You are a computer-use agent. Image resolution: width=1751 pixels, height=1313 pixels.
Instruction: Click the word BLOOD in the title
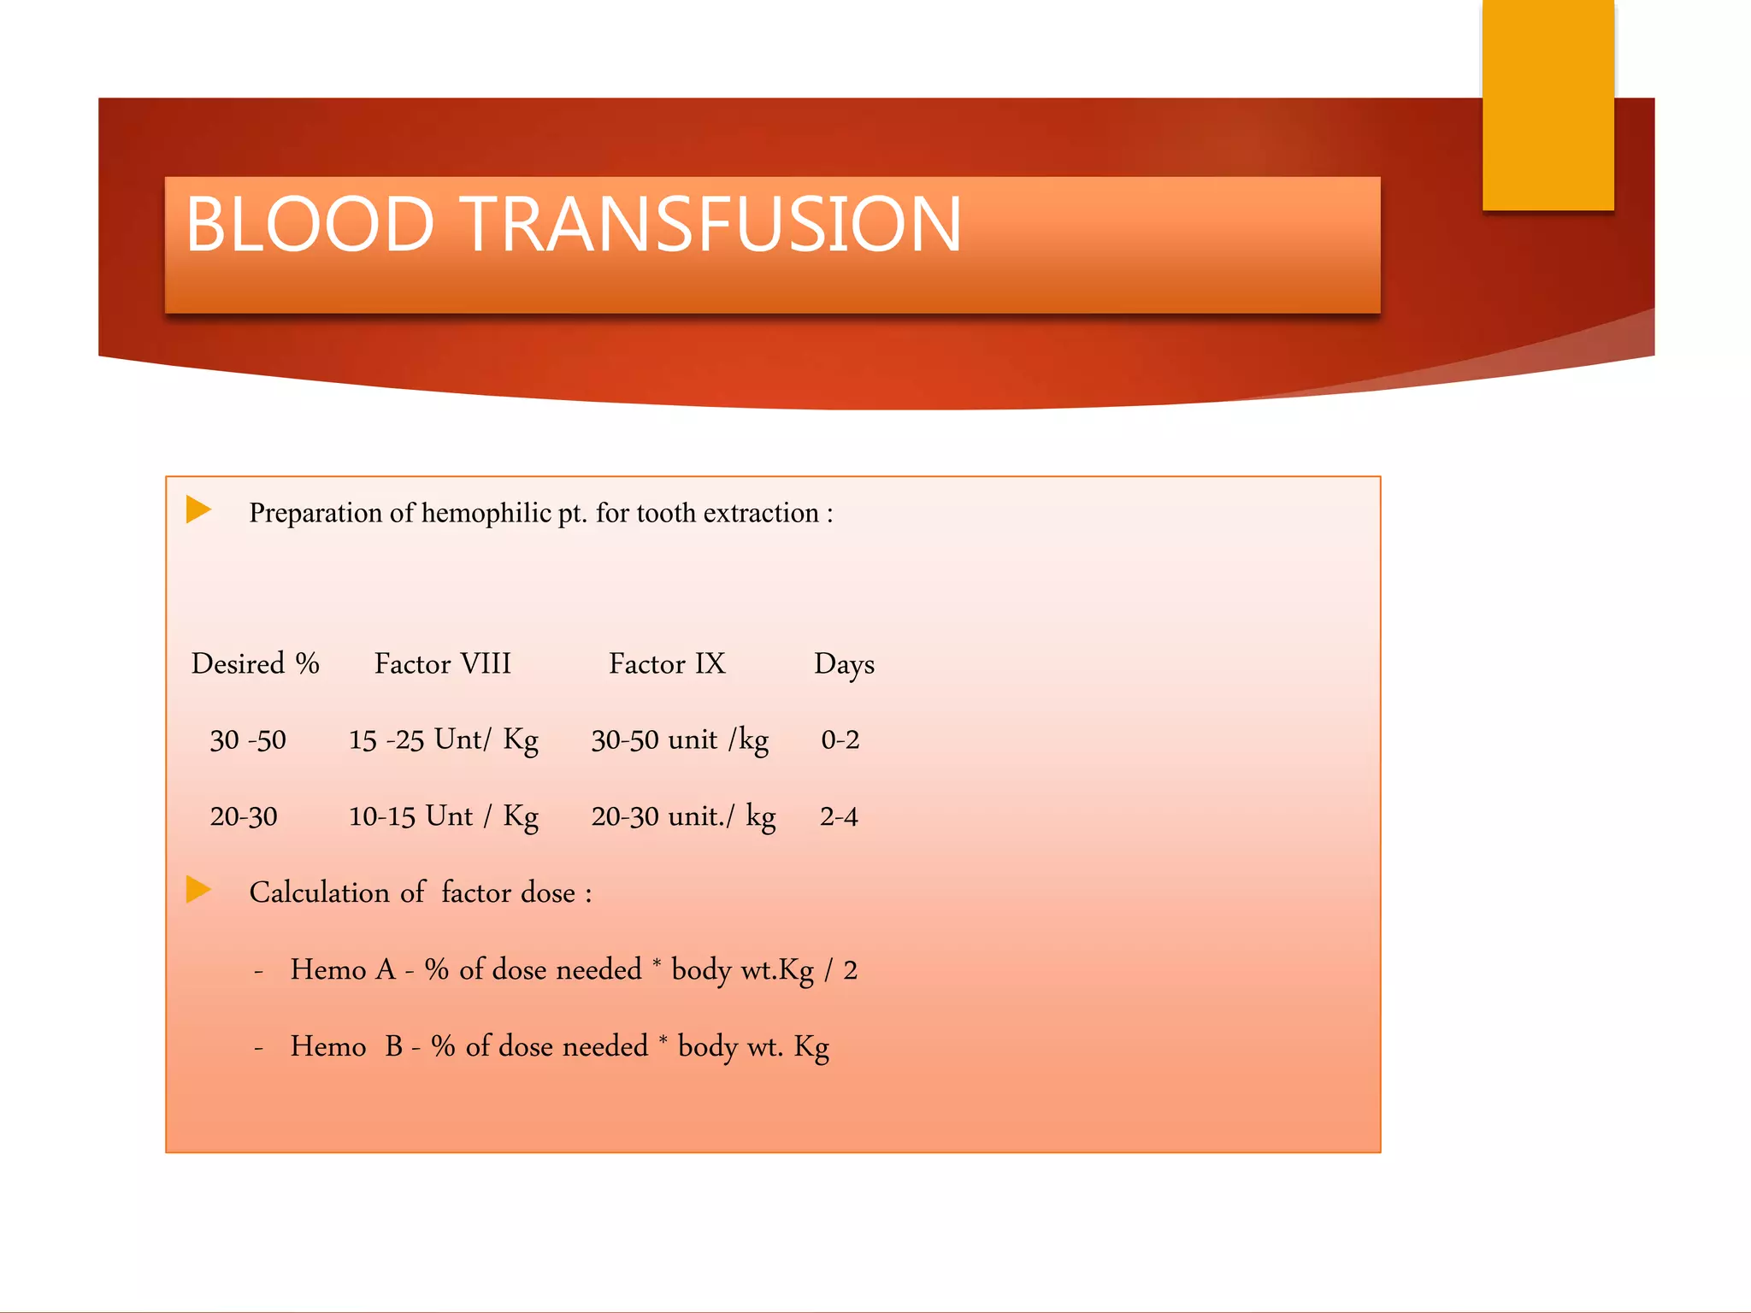coord(310,224)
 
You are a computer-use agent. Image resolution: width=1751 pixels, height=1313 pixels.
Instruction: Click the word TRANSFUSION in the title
coord(711,224)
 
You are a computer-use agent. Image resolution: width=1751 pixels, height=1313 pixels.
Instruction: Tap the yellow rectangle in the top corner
coord(1548,104)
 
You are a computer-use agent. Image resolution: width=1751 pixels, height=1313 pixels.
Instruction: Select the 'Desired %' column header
coord(255,664)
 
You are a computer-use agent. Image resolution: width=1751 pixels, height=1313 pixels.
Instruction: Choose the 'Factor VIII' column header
coord(442,664)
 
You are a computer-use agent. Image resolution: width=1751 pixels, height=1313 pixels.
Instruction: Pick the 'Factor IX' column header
coord(667,664)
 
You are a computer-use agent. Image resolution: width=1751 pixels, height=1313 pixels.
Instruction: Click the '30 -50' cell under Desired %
coord(248,740)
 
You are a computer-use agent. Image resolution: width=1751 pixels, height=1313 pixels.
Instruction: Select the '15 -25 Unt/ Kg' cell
coord(443,740)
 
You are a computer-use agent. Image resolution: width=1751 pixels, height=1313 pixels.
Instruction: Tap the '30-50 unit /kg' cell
coord(680,740)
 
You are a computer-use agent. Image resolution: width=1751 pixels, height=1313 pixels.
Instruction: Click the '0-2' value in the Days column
coord(840,740)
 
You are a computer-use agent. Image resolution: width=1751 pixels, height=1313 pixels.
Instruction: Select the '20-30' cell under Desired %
coord(244,817)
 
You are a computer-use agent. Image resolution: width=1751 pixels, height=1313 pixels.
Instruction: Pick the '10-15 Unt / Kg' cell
coord(443,817)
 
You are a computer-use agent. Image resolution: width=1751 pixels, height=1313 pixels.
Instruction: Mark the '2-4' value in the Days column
coord(839,817)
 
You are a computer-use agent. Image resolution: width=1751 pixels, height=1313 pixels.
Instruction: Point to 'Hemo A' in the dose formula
coord(343,970)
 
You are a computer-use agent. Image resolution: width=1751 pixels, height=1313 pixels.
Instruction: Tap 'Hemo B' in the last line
coord(346,1047)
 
